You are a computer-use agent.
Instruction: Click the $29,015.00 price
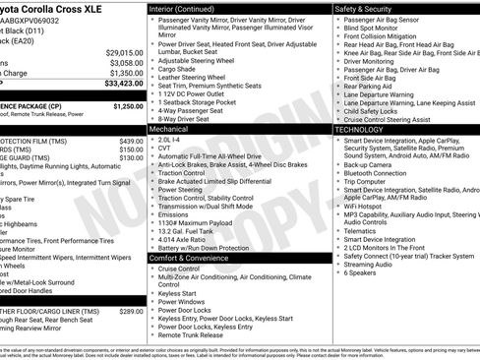click(x=125, y=51)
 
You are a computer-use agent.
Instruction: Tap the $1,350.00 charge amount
click(x=125, y=73)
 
